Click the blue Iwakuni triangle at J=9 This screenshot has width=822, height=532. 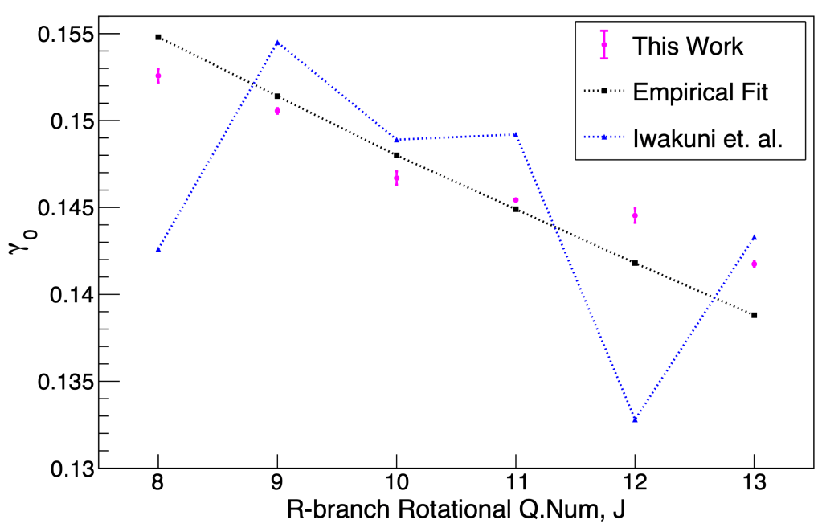click(x=277, y=43)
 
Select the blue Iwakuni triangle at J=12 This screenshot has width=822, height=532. click(x=635, y=419)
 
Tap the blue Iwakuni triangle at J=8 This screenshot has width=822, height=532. click(x=158, y=250)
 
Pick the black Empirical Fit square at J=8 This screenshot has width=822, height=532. click(x=158, y=37)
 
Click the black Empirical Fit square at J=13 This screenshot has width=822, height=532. click(x=754, y=315)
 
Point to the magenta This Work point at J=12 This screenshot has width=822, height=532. click(x=635, y=215)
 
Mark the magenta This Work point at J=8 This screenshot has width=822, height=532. click(x=158, y=76)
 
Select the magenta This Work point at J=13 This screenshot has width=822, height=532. click(x=754, y=264)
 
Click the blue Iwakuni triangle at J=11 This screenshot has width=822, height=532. click(x=515, y=134)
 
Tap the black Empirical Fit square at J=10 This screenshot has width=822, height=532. click(x=396, y=155)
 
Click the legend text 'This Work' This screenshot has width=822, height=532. click(x=688, y=46)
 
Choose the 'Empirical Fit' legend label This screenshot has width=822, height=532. click(x=701, y=92)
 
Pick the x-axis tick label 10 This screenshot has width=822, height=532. click(x=396, y=487)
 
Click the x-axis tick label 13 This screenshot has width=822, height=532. click(x=754, y=487)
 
